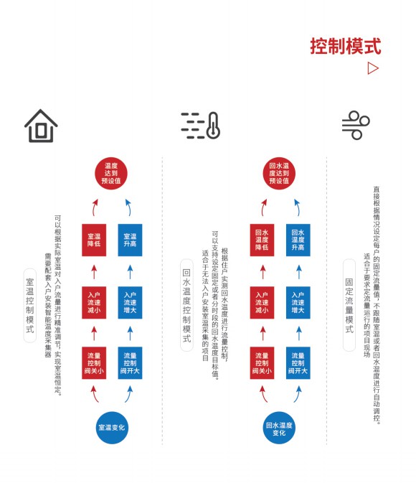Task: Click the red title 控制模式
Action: [346, 46]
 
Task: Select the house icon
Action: [41, 126]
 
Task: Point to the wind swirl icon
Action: [356, 125]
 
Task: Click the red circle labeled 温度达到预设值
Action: [111, 173]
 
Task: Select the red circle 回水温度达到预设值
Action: [279, 173]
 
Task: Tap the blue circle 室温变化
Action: [112, 428]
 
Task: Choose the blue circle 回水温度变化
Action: [279, 428]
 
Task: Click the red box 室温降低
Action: [94, 240]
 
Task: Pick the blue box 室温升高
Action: [130, 240]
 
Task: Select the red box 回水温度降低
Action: [262, 240]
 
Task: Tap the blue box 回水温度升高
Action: [298, 240]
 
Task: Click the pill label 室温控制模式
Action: [30, 306]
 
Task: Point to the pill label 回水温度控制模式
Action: [186, 305]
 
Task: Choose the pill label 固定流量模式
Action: [349, 305]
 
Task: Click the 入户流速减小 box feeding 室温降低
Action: [94, 302]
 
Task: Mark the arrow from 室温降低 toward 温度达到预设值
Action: [94, 207]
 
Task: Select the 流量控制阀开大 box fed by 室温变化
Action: [130, 363]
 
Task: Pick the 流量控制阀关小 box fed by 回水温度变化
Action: [262, 363]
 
